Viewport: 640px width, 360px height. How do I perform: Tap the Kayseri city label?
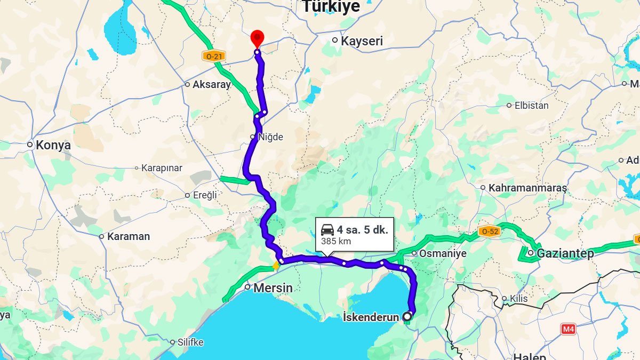click(x=362, y=41)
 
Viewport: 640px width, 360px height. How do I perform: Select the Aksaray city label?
click(x=211, y=84)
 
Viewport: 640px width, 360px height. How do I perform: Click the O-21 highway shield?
click(x=213, y=55)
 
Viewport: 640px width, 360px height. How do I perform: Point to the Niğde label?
click(x=270, y=137)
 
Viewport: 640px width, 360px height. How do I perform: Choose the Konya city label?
click(x=53, y=145)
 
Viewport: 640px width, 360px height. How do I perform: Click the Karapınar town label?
click(x=162, y=168)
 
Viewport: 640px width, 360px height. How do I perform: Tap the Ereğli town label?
click(x=205, y=195)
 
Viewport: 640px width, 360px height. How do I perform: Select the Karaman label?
click(x=128, y=236)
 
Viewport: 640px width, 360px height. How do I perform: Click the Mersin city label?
click(x=273, y=288)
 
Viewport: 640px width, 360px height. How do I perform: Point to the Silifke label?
click(x=190, y=342)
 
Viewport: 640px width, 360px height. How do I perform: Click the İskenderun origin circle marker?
click(x=407, y=316)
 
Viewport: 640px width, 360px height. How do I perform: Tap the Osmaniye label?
click(x=443, y=253)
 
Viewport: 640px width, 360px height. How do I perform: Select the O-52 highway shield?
click(x=489, y=231)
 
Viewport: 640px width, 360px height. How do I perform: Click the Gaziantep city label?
click(x=565, y=253)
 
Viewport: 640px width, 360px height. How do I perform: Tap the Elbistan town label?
click(x=531, y=106)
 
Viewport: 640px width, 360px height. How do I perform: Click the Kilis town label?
click(x=518, y=298)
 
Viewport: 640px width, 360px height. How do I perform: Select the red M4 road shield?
click(x=569, y=330)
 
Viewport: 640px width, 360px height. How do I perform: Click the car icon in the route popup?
click(x=327, y=230)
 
